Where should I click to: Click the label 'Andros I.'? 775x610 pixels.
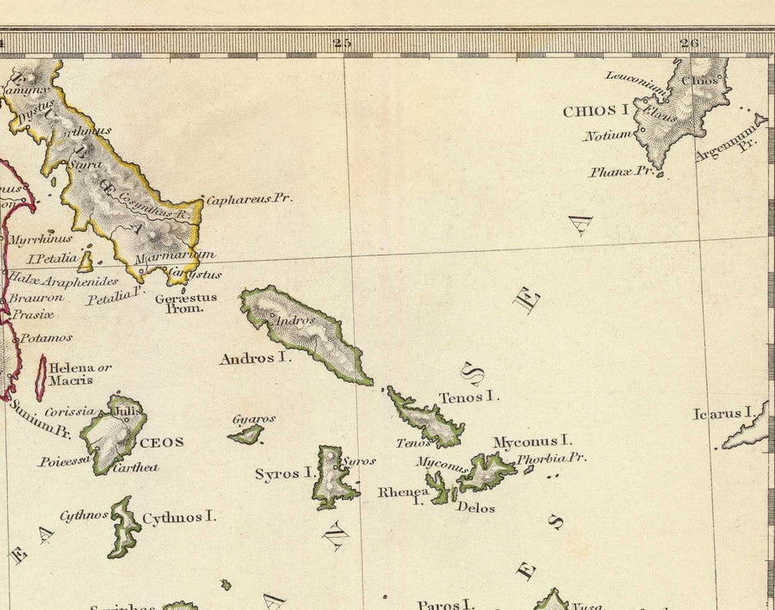click(255, 358)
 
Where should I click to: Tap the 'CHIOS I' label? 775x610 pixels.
click(594, 111)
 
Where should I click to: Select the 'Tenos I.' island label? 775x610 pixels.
click(469, 397)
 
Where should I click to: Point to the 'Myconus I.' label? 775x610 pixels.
click(532, 441)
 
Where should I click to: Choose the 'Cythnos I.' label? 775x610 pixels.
click(178, 517)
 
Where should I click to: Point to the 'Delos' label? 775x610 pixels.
click(475, 508)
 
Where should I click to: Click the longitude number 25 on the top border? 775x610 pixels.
click(343, 42)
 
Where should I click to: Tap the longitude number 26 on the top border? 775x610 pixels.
click(688, 42)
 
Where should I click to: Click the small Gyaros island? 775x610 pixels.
click(247, 435)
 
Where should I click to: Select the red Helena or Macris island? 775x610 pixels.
click(40, 379)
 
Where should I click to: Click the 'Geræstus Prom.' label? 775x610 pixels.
click(185, 303)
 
